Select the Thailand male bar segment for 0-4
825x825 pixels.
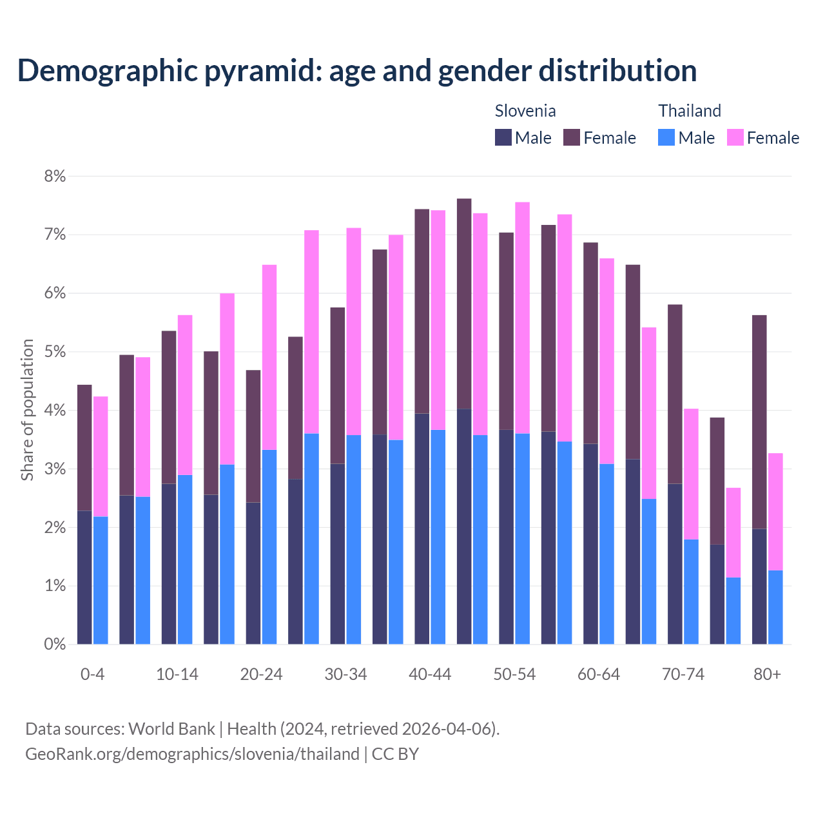coord(101,580)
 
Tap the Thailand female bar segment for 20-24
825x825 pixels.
coord(269,357)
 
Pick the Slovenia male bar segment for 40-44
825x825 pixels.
coord(422,529)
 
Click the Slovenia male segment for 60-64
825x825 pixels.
coord(590,544)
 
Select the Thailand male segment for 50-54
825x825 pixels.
coord(523,539)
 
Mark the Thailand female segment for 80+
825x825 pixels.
coord(775,512)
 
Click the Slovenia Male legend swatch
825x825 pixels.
coord(503,137)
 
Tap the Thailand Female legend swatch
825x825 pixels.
coord(735,137)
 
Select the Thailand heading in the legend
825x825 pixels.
coord(689,111)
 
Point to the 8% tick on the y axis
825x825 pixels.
coord(55,176)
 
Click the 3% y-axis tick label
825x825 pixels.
coord(55,469)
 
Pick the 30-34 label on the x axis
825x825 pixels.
coord(345,674)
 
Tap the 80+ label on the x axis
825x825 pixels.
coord(767,674)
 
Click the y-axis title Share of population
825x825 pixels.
coord(27,410)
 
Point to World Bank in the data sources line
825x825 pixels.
coord(171,729)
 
